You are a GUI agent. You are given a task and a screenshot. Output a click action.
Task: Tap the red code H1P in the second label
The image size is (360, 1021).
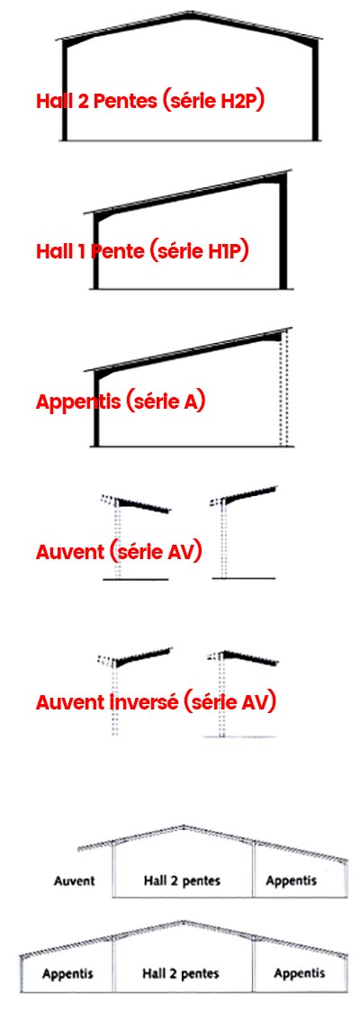[227, 251]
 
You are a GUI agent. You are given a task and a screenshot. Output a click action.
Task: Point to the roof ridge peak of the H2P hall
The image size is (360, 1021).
[190, 12]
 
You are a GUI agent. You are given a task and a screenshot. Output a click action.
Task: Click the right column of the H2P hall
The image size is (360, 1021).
[315, 91]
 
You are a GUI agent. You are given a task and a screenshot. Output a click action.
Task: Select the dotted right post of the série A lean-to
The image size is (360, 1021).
[283, 392]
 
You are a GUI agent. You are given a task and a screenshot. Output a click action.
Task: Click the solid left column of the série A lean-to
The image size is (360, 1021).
[96, 411]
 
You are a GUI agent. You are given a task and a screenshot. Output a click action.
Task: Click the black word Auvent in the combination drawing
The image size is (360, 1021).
[74, 881]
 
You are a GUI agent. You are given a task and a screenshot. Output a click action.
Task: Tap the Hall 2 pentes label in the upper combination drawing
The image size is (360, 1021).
[183, 881]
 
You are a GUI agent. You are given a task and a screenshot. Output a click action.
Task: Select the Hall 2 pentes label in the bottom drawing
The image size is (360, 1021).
[181, 974]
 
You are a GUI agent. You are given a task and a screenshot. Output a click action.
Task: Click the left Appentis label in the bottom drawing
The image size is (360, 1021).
[67, 975]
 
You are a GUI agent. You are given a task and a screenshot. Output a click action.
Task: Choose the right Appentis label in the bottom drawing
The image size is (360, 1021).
[299, 974]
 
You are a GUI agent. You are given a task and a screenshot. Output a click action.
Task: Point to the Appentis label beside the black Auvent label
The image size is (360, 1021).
[292, 881]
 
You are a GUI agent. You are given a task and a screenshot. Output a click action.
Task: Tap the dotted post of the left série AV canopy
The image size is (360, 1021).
[117, 540]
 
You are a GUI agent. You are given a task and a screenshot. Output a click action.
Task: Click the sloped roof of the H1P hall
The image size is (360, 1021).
[188, 192]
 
